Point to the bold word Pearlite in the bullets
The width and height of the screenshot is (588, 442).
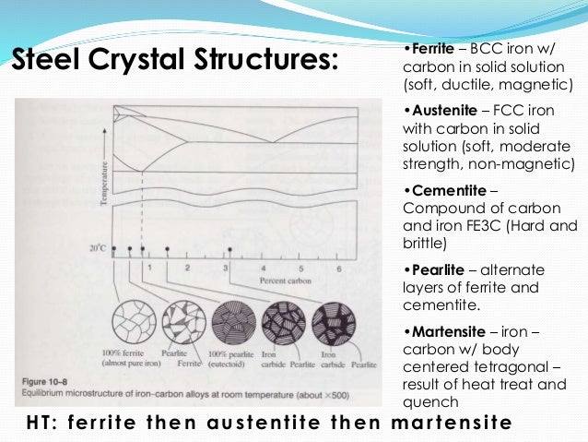coord(432,269)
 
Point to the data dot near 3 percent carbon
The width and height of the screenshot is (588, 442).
coord(228,249)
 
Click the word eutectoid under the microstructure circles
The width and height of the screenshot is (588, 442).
coord(234,365)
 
